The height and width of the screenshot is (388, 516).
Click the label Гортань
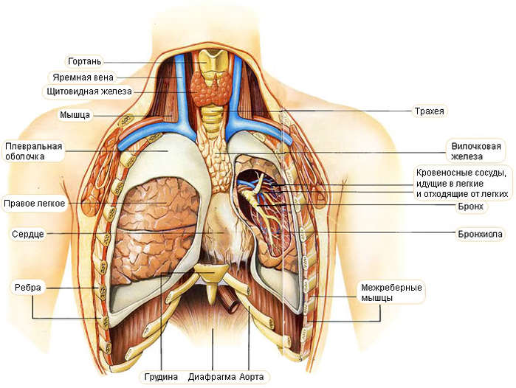pyautogui.click(x=85, y=61)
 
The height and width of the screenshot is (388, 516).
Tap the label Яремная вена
pyautogui.click(x=83, y=77)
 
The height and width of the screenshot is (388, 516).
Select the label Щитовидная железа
pyautogui.click(x=89, y=91)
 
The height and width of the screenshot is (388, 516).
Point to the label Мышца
pyautogui.click(x=75, y=115)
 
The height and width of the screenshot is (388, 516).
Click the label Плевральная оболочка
pyautogui.click(x=33, y=151)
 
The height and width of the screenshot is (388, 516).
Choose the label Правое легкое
pyautogui.click(x=34, y=204)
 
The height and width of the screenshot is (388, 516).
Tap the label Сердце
pyautogui.click(x=28, y=234)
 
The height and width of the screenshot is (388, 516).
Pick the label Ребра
pyautogui.click(x=28, y=288)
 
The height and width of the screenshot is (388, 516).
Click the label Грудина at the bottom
pyautogui.click(x=161, y=377)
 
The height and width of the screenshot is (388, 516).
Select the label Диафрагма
pyautogui.click(x=213, y=377)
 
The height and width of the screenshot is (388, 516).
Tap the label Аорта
pyautogui.click(x=252, y=377)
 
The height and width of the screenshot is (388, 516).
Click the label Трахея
pyautogui.click(x=429, y=111)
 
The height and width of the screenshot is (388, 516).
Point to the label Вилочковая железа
pyautogui.click(x=476, y=151)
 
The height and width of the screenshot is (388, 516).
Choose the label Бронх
pyautogui.click(x=470, y=207)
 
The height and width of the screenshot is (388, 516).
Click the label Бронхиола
pyautogui.click(x=480, y=234)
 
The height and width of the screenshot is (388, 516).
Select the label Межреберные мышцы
pyautogui.click(x=391, y=293)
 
